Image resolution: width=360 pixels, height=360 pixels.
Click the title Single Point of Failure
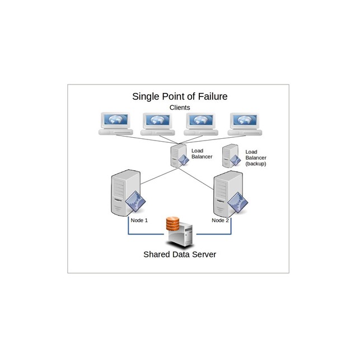pyautogui.click(x=180, y=96)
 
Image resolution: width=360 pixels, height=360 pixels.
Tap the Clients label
pyautogui.click(x=180, y=107)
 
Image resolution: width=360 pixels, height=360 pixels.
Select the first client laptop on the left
pyautogui.click(x=115, y=124)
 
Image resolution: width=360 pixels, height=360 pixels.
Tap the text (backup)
pyautogui.click(x=256, y=165)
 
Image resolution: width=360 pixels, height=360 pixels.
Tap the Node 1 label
pyautogui.click(x=139, y=221)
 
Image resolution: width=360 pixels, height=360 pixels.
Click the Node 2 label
pyautogui.click(x=220, y=221)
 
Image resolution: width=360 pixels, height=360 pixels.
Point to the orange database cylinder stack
pyautogui.click(x=172, y=225)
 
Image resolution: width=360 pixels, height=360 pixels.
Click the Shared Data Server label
pyautogui.click(x=180, y=254)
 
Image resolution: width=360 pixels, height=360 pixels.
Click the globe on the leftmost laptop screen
pyautogui.click(x=115, y=120)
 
